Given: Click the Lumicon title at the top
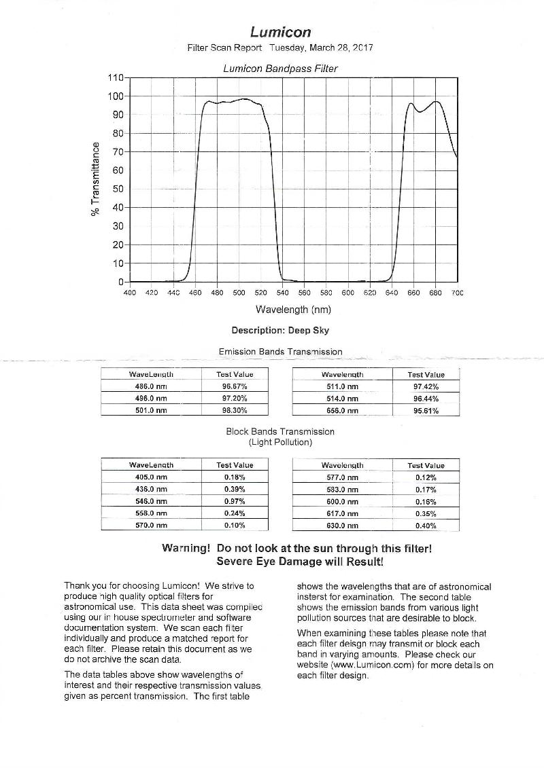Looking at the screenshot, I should click(x=280, y=32).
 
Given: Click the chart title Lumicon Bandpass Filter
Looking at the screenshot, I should click(x=280, y=69).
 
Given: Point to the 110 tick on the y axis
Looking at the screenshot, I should click(x=116, y=77).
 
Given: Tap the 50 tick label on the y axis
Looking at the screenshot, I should click(x=118, y=189).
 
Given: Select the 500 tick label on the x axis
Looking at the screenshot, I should click(x=239, y=293).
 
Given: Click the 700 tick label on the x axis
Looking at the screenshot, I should click(x=457, y=293).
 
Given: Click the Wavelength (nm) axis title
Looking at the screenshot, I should click(x=293, y=310).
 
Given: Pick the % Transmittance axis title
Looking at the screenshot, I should click(x=96, y=179).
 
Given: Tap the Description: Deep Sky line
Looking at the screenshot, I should click(x=280, y=331).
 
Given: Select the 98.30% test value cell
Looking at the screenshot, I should click(x=235, y=411).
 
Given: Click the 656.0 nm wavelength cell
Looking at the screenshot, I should click(x=342, y=411).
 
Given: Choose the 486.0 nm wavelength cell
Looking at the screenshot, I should click(x=151, y=386).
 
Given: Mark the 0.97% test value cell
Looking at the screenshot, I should click(x=235, y=501).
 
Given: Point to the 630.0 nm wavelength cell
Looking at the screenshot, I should click(x=342, y=526).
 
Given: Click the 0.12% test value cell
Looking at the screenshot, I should click(x=426, y=477).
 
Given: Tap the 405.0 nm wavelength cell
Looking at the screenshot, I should click(x=151, y=477).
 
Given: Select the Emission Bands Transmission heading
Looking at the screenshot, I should click(x=280, y=352).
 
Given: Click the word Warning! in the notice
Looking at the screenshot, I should click(x=186, y=548).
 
